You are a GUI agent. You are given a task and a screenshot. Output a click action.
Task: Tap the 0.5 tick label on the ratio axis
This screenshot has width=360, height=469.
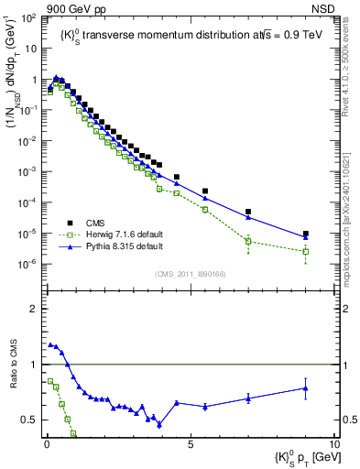pos(33,420)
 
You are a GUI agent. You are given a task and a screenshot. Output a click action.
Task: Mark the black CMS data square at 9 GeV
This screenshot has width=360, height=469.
pos(306,234)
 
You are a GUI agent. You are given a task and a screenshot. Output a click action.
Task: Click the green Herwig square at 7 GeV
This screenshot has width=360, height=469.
pos(248,242)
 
